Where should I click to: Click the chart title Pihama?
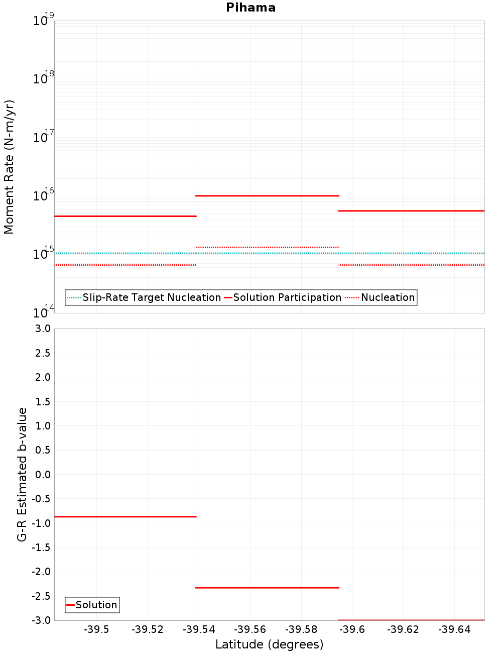[x=250, y=8]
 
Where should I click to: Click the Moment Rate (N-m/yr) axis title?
[x=9, y=167]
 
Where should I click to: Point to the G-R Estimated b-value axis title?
[x=22, y=474]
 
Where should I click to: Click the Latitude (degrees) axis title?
[x=269, y=644]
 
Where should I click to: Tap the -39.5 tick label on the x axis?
[x=96, y=630]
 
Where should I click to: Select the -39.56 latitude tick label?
[x=249, y=630]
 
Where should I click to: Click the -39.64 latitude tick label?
[x=454, y=630]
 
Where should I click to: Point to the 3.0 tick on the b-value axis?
[x=42, y=329]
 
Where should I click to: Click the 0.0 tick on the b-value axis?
[x=42, y=474]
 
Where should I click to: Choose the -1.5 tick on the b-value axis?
[x=41, y=548]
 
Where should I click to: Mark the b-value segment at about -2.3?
[x=267, y=588]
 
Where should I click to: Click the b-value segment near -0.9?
[x=125, y=516]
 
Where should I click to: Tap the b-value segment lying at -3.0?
[x=411, y=620]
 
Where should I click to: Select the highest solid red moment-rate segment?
[x=267, y=195]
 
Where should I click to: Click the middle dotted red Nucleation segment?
[x=267, y=247]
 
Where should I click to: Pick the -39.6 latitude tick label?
[x=352, y=630]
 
